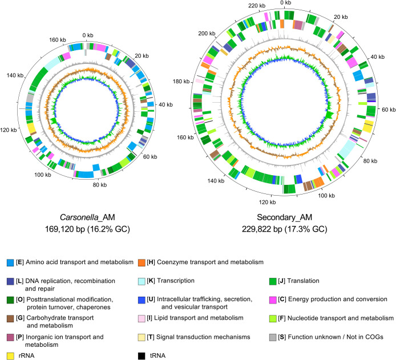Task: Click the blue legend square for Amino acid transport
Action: (10, 262)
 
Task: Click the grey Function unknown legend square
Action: (273, 337)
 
